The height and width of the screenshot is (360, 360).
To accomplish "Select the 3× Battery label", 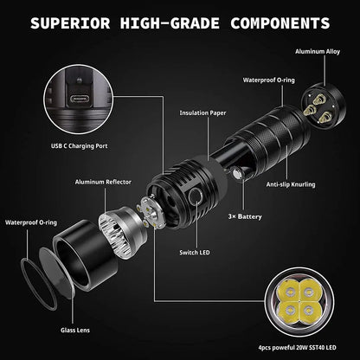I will click(244, 215).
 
